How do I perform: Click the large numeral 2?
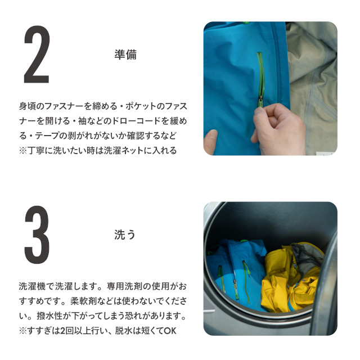click(x=37, y=55)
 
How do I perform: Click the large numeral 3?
click(x=37, y=235)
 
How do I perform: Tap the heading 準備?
click(x=125, y=55)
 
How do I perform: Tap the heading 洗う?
click(x=125, y=235)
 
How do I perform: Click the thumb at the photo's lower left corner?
click(x=210, y=142)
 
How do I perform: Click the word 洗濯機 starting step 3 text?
click(x=33, y=286)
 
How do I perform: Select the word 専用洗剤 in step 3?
click(x=124, y=286)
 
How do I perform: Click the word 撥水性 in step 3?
click(x=50, y=316)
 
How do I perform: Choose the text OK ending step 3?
click(x=170, y=331)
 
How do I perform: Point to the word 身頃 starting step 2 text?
click(x=28, y=106)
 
